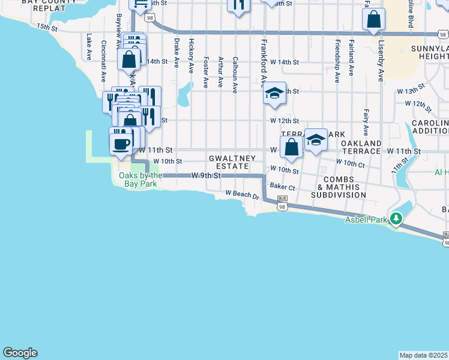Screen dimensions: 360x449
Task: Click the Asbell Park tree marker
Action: [396, 219]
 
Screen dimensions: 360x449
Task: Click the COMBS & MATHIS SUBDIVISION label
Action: [345, 187]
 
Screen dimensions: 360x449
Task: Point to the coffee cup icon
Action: [121, 143]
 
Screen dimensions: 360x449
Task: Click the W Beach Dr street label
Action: [242, 194]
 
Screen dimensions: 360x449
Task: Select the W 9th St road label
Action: [206, 175]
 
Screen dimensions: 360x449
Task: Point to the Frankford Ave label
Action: [264, 64]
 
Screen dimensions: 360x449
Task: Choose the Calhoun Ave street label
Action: [235, 74]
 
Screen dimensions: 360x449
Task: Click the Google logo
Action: [20, 353]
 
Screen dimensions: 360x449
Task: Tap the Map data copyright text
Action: [424, 355]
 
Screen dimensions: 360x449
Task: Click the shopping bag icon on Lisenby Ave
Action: [373, 20]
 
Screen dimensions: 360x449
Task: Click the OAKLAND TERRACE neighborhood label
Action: [361, 148]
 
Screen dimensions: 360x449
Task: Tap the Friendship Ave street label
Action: [337, 61]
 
